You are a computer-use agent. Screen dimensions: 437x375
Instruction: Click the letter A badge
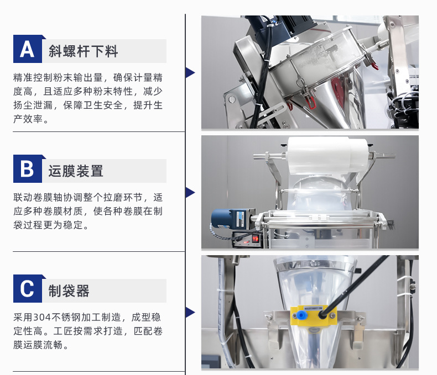(x=28, y=49)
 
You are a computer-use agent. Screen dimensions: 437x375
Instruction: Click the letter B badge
(x=28, y=169)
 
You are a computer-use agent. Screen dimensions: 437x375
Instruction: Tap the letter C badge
(x=28, y=289)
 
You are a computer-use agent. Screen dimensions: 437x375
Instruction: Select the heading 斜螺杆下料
(x=84, y=51)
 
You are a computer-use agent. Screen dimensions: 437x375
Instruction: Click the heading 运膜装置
(x=76, y=171)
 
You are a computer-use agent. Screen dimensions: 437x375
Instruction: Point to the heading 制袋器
(x=69, y=291)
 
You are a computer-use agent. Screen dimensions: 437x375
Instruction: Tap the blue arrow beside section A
(x=190, y=72)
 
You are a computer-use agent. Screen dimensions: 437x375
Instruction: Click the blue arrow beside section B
(x=190, y=193)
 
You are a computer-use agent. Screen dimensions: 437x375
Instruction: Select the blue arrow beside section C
(x=190, y=313)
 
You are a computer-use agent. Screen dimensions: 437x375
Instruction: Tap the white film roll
(x=327, y=155)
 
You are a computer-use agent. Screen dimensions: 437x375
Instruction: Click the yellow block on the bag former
(x=313, y=316)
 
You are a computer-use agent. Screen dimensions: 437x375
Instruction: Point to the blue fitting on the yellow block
(x=301, y=315)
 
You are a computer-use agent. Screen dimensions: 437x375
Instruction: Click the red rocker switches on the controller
(x=256, y=239)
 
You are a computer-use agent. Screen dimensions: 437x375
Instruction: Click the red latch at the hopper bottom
(x=309, y=100)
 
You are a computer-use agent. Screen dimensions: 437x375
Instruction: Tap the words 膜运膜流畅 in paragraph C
(x=38, y=345)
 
